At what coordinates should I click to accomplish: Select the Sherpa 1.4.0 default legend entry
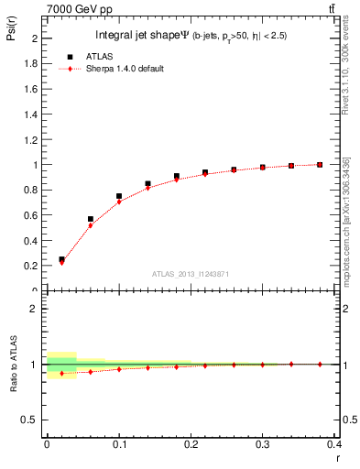pyautogui.click(x=125, y=69)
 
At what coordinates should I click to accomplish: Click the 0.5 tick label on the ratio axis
pyautogui.click(x=30, y=420)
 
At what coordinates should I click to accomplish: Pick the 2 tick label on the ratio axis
pyautogui.click(x=35, y=309)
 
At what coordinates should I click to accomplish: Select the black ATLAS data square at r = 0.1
pyautogui.click(x=119, y=196)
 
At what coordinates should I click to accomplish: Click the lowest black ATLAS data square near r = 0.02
pyautogui.click(x=61, y=259)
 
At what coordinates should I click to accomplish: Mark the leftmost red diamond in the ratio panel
pyautogui.click(x=61, y=374)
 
